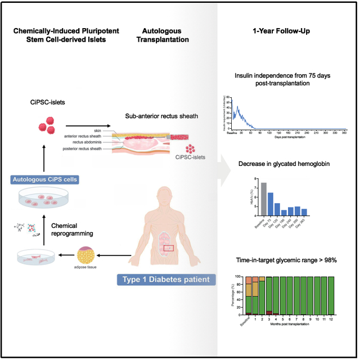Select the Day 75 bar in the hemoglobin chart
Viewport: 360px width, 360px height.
coord(271,205)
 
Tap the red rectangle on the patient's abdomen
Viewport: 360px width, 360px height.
coord(169,247)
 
